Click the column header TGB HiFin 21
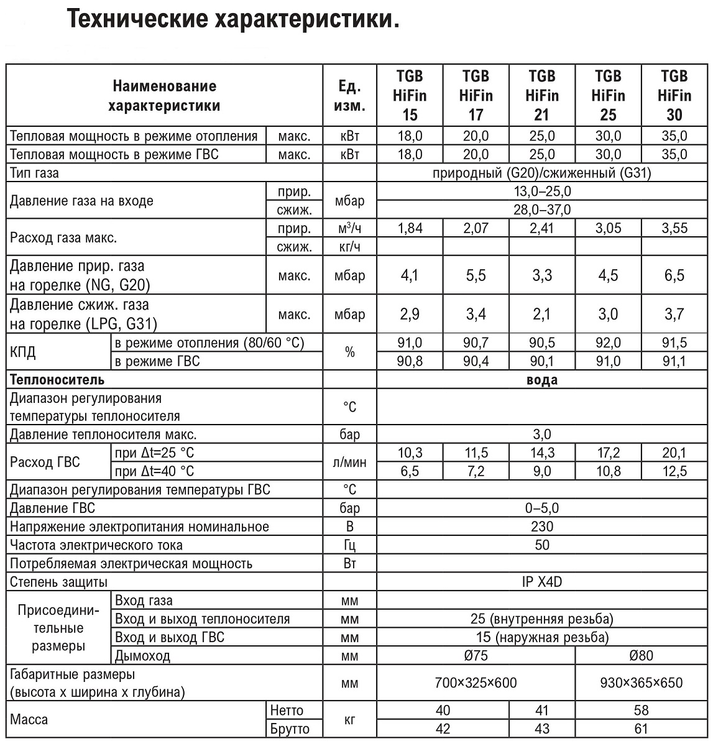tap(541, 95)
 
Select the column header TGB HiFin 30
tap(674, 95)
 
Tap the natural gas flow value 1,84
tap(410, 228)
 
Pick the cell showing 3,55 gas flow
tap(674, 228)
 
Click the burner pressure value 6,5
tap(674, 275)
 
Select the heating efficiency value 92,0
tap(608, 343)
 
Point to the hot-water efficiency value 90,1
tap(541, 361)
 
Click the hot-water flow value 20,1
tap(674, 453)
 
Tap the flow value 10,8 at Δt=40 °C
tap(608, 471)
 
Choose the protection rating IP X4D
tap(542, 582)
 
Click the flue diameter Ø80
tap(641, 655)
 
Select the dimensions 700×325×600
tap(476, 683)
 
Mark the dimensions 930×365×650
tap(641, 683)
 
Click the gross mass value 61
tap(641, 729)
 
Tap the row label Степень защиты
tap(58, 582)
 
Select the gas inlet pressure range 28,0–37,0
tap(542, 210)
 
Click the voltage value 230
tap(542, 527)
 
